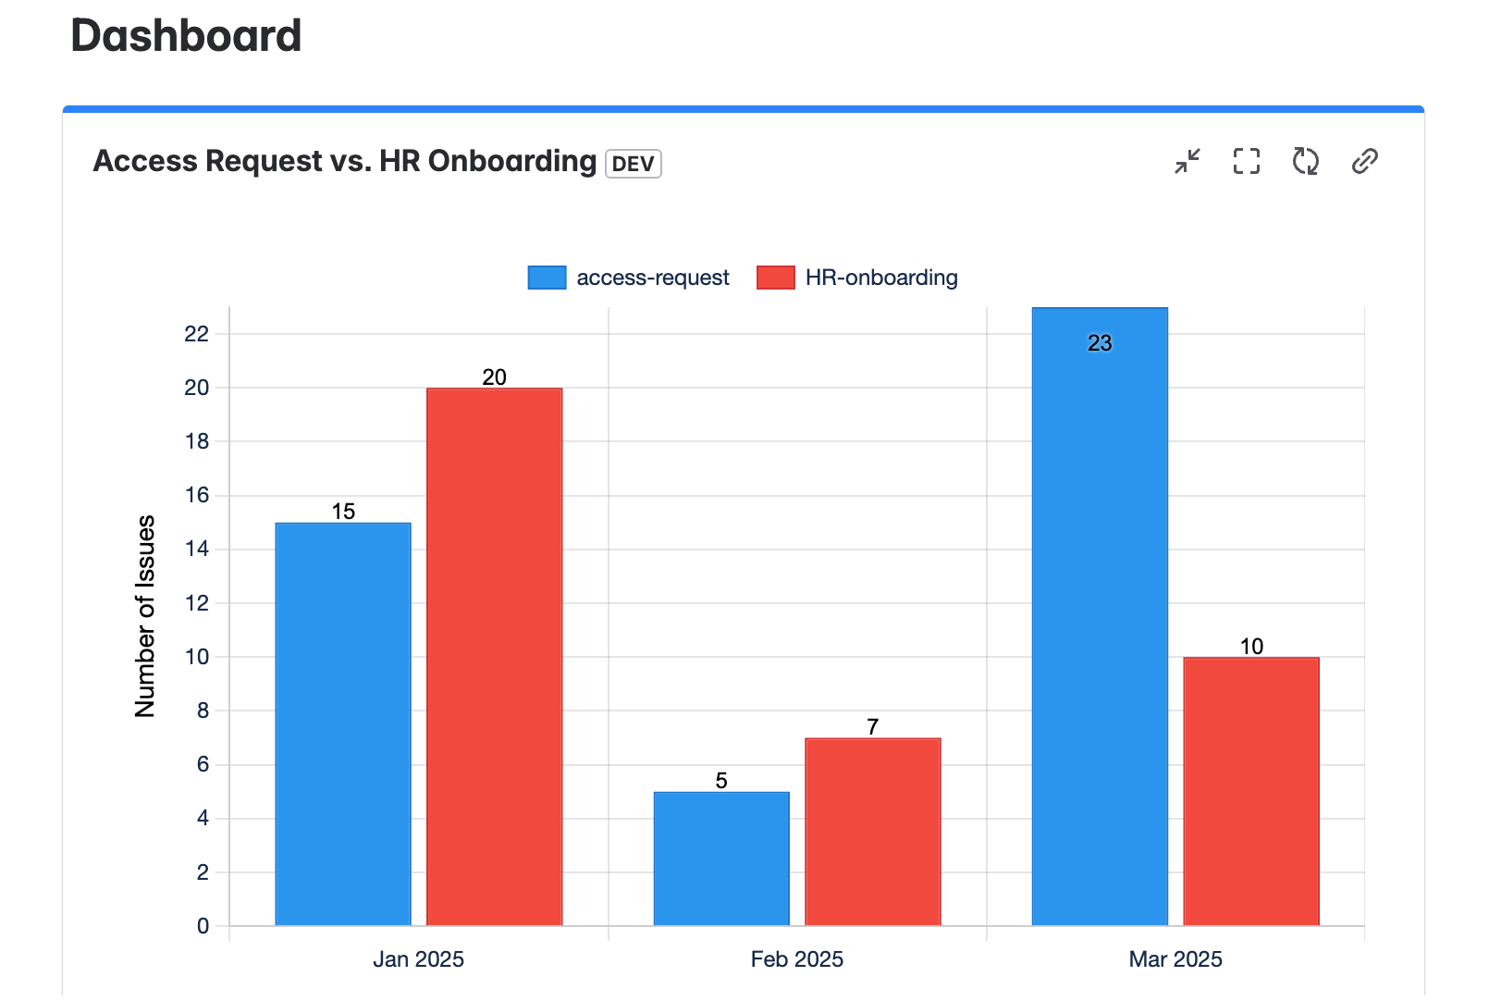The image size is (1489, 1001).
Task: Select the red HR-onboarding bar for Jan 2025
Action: coord(494,657)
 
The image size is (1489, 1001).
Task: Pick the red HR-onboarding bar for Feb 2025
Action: coord(872,832)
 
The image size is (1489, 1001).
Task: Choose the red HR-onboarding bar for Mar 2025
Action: coord(1251,791)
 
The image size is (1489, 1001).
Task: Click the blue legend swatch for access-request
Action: coord(547,278)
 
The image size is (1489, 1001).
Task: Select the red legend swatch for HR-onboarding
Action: coord(775,278)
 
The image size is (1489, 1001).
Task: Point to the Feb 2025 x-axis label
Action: coord(797,959)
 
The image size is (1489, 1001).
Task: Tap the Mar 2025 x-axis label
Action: coord(1175,959)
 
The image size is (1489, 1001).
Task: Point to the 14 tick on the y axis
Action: coord(197,549)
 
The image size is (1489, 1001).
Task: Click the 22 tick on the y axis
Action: coord(197,333)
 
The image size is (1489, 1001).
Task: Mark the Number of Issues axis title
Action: coord(145,616)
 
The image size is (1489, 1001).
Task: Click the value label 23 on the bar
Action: coord(1100,343)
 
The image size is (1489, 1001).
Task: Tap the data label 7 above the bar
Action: coord(872,727)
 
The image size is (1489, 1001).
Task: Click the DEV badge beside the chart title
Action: coord(634,164)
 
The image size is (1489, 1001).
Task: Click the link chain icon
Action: coord(1364,161)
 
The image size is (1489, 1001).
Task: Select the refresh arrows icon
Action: coord(1305,161)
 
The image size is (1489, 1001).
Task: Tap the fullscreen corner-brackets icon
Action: coord(1246,161)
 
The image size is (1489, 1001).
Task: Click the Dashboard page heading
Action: coord(186,36)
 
